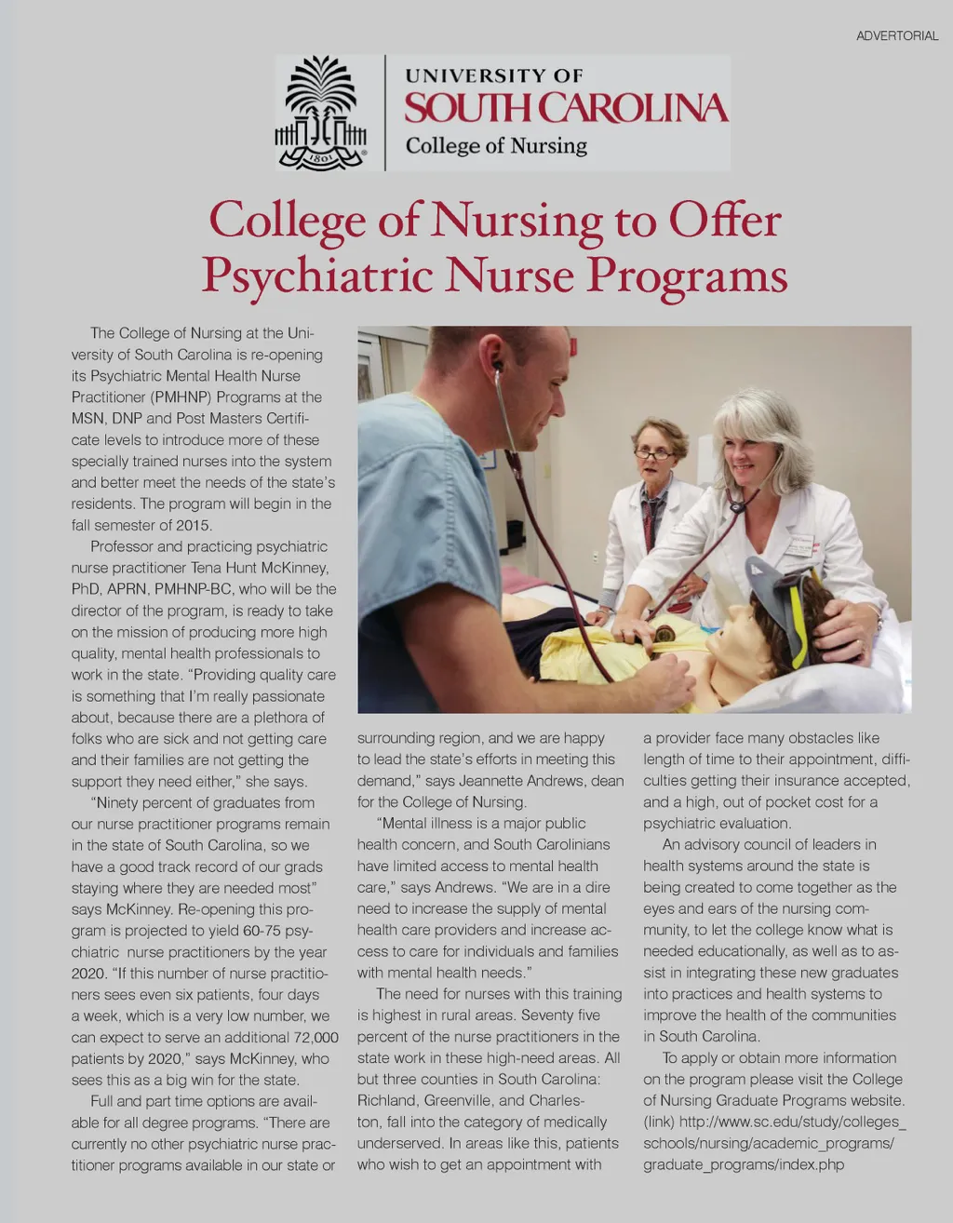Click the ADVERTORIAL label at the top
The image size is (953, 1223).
[897, 36]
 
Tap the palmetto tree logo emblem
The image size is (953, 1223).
[320, 113]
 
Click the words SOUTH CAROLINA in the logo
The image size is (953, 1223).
[566, 108]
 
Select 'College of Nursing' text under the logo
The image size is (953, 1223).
[496, 146]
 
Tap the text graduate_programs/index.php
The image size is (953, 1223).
[744, 1165]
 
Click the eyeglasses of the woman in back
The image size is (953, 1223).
[654, 454]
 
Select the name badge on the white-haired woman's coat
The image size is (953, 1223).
[800, 545]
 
